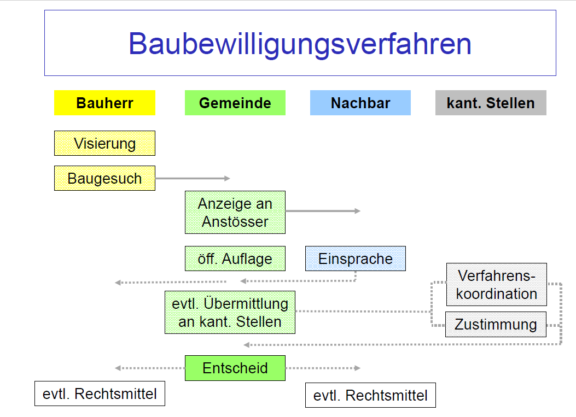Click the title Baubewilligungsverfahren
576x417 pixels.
click(300, 44)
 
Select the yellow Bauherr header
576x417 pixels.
click(104, 103)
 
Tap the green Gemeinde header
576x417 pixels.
click(235, 103)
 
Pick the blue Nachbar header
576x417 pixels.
click(360, 103)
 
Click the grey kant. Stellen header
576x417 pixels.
click(491, 103)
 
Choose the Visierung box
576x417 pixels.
click(104, 143)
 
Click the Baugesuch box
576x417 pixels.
click(104, 178)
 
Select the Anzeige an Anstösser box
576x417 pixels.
click(235, 212)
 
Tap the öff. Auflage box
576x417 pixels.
click(235, 258)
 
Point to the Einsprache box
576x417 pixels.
click(356, 258)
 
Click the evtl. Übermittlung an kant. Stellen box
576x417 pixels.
click(230, 312)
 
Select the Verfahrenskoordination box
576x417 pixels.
click(496, 285)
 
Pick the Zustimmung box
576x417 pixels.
click(496, 324)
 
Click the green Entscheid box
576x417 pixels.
click(235, 368)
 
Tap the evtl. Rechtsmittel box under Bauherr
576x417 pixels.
click(100, 393)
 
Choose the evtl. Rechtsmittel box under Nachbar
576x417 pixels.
click(370, 395)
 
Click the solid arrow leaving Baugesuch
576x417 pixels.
click(193, 178)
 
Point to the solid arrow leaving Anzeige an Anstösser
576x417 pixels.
click(323, 210)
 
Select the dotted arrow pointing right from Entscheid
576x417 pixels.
click(323, 368)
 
